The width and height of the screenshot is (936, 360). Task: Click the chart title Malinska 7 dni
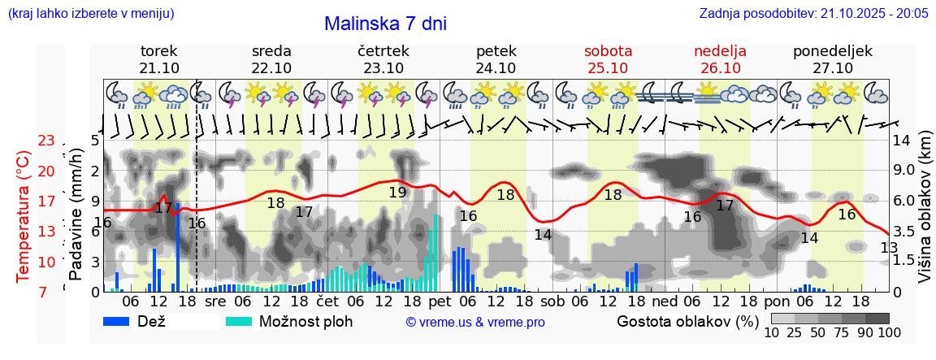[x=385, y=24]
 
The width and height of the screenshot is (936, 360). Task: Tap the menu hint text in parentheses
[x=90, y=13]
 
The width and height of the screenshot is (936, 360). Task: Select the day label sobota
[x=608, y=50]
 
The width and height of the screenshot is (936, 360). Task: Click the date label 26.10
[x=720, y=67]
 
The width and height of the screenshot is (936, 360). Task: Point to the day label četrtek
[x=383, y=50]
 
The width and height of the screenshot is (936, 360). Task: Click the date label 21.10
[x=159, y=67]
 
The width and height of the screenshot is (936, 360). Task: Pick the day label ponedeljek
[x=833, y=50]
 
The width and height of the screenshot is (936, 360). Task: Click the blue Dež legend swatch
[x=122, y=321]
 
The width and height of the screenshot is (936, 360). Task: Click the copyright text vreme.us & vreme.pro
[x=475, y=323]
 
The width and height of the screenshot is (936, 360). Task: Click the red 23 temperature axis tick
[x=46, y=141]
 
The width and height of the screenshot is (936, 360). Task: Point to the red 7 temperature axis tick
[x=46, y=290]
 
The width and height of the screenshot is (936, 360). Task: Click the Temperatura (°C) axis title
[x=24, y=216]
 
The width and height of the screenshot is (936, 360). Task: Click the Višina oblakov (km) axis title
[x=925, y=215]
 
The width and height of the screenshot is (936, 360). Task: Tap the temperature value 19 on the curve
[x=397, y=193]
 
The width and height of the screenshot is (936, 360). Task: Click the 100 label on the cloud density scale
[x=878, y=332]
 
